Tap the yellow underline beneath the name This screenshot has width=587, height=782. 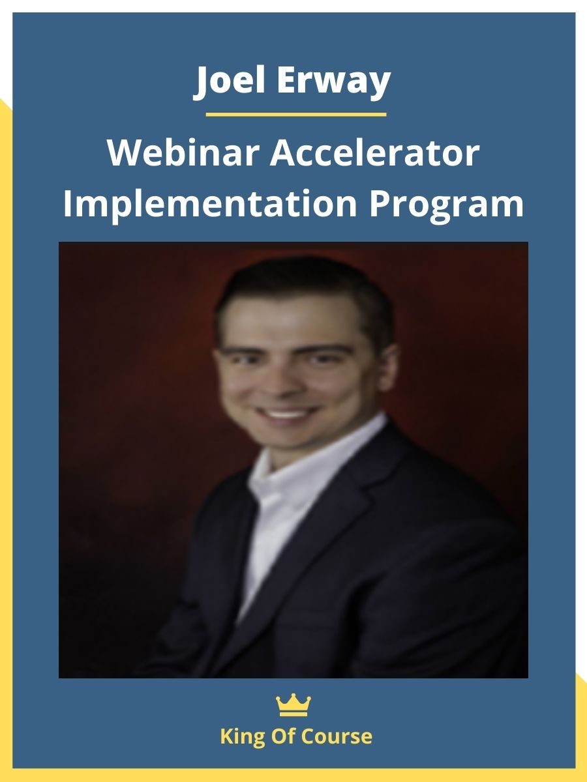tap(295, 115)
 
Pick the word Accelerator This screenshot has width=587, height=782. tap(374, 154)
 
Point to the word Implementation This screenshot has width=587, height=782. tap(209, 204)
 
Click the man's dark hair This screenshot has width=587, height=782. tap(300, 287)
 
